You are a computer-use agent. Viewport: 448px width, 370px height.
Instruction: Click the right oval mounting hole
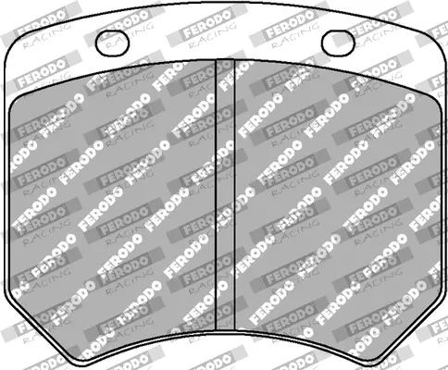tap(339, 42)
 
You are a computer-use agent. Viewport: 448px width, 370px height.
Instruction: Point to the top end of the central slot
tap(224, 61)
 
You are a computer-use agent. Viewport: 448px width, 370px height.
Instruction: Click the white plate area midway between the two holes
tap(224, 37)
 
